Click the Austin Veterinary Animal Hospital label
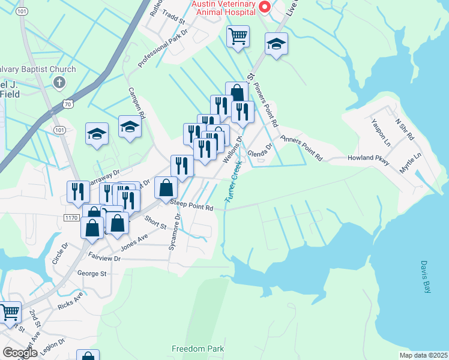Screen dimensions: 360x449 (225, 8)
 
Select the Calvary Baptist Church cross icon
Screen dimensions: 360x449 (59, 82)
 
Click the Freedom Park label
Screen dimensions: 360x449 (197, 349)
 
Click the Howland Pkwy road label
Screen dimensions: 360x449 (369, 160)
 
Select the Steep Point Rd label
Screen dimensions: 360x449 (191, 206)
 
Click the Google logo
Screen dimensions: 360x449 (19, 353)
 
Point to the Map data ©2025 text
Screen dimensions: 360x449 (423, 355)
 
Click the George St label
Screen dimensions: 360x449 (91, 274)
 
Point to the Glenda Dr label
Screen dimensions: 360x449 (261, 148)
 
